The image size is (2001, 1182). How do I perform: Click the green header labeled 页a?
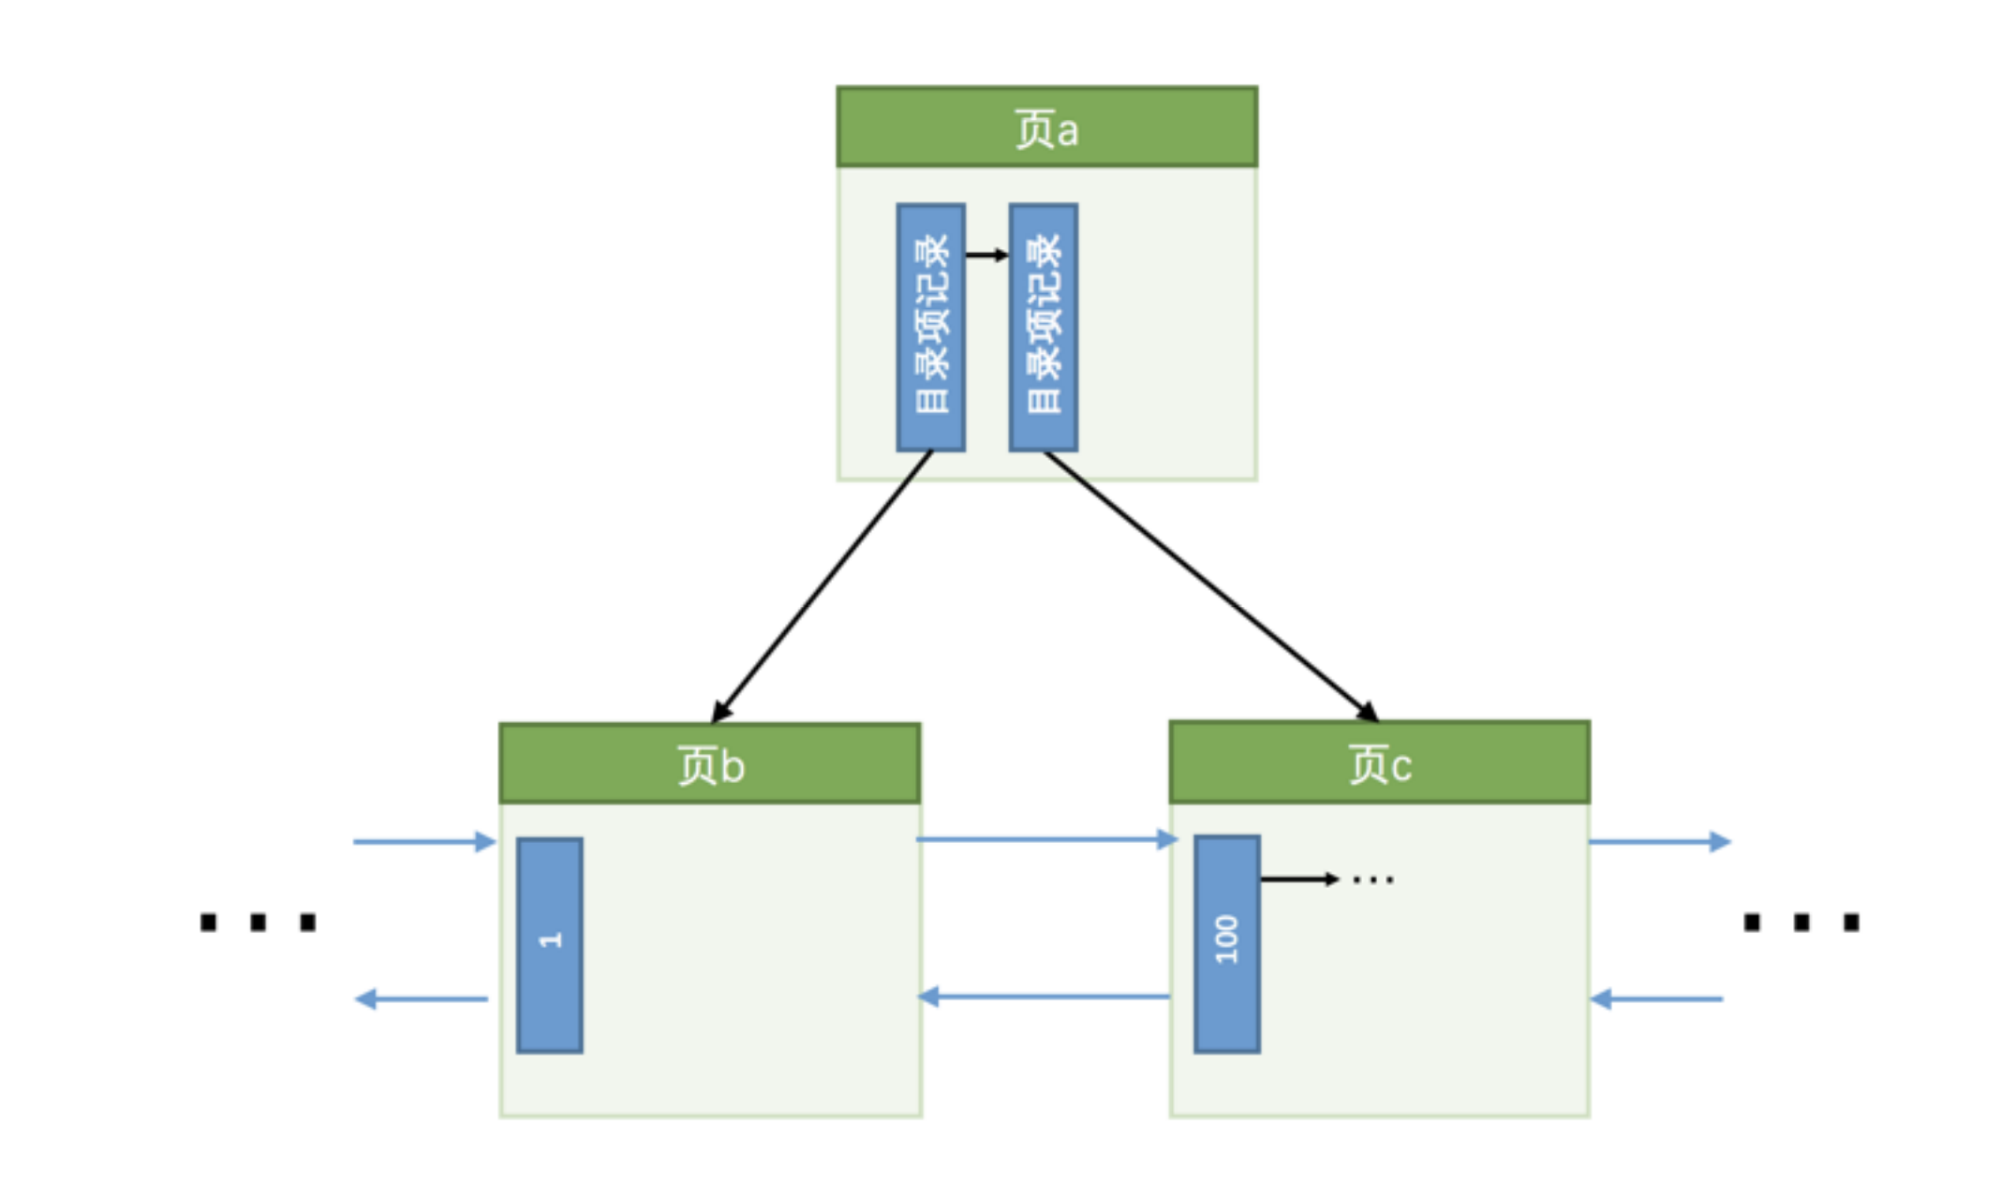1046,127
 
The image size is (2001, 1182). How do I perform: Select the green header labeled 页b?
709,763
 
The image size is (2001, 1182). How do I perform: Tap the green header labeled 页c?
1379,762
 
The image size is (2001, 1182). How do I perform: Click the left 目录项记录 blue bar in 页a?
930,327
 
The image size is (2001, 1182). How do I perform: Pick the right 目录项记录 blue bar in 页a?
1043,327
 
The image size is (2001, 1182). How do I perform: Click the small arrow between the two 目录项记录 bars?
986,255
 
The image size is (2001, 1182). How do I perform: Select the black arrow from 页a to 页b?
822,586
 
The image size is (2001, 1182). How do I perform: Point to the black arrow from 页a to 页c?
1210,586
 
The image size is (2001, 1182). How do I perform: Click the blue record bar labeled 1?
550,945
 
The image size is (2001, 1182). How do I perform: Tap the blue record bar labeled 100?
1226,943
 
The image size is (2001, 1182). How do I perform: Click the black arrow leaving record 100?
1298,879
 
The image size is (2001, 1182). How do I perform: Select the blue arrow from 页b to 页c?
1045,839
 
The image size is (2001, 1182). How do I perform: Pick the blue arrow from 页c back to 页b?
1045,997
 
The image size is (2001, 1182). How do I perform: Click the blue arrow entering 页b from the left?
423,841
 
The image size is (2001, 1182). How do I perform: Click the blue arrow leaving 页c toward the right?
1659,841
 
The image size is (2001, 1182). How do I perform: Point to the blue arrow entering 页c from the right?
1657,999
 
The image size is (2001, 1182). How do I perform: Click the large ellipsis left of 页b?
258,923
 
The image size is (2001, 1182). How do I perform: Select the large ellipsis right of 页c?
1801,923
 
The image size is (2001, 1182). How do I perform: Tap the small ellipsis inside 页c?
1373,879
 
